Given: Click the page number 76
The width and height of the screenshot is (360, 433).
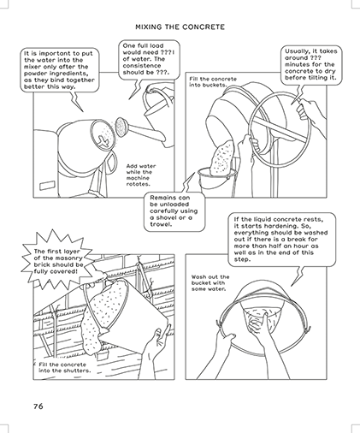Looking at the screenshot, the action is point(38,406).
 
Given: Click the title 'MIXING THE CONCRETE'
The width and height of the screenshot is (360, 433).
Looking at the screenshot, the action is point(180,27).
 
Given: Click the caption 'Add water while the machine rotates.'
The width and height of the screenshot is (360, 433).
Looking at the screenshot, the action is point(141,175).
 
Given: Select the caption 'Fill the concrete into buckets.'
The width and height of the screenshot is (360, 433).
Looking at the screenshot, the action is point(213,82).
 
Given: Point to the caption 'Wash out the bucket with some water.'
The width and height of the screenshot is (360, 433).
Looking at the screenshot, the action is point(210,282).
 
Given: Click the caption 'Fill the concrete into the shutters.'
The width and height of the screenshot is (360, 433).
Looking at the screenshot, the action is point(65,367).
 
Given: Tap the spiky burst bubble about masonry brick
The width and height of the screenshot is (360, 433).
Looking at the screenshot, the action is point(58,261).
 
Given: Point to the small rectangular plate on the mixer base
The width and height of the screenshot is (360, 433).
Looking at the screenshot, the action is point(47,185).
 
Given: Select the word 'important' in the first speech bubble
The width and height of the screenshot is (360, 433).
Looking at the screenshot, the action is point(54,53).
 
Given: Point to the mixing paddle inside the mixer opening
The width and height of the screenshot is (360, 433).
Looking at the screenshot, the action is point(103,139).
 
